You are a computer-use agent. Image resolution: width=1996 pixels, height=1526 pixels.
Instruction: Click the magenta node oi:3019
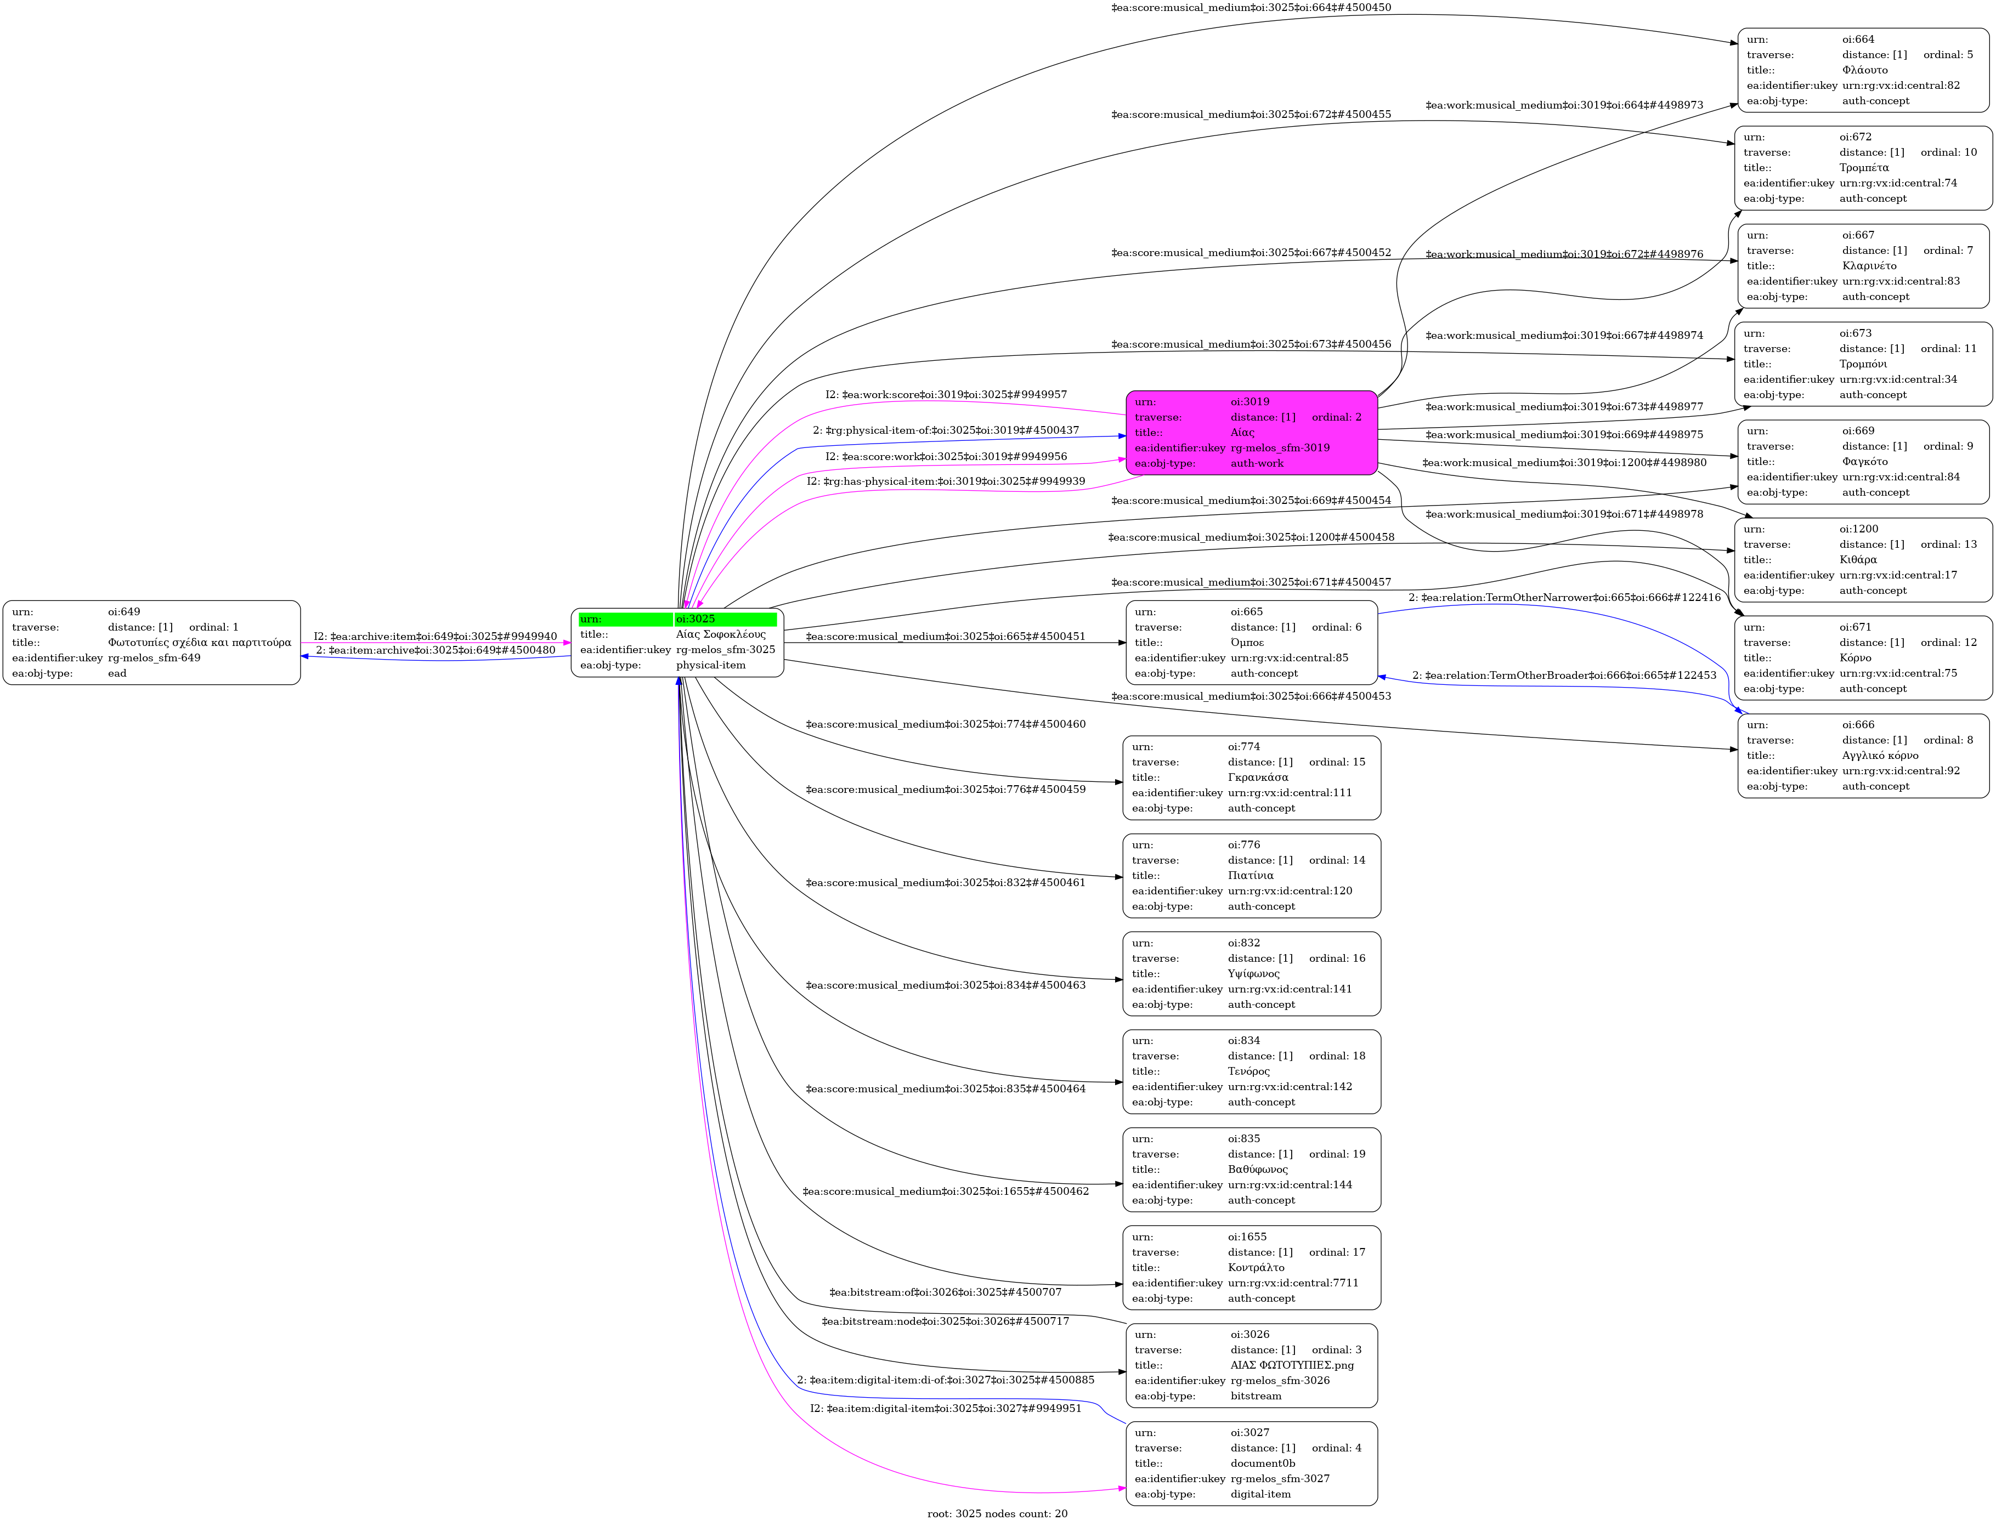(1251, 433)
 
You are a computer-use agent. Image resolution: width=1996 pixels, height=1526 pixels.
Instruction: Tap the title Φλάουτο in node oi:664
(1864, 70)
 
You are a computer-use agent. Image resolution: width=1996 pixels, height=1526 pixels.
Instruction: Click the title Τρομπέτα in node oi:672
(1863, 168)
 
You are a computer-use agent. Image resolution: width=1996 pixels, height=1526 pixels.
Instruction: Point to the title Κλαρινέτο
(1869, 266)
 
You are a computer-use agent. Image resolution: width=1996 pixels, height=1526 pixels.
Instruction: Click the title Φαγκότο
(1864, 462)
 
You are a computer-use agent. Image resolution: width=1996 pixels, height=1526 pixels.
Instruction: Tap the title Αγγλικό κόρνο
(1880, 756)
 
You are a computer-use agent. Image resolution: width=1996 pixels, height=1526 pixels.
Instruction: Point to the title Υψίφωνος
(1253, 974)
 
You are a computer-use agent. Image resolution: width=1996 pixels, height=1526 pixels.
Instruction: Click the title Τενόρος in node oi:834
(1248, 1071)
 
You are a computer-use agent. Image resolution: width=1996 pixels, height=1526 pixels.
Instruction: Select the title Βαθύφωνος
(1257, 1169)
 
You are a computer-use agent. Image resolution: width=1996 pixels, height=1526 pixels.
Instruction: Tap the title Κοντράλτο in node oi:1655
(1256, 1267)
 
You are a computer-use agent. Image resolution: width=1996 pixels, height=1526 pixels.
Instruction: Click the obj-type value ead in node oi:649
(117, 674)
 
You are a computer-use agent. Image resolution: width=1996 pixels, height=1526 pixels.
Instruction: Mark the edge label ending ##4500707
(945, 1292)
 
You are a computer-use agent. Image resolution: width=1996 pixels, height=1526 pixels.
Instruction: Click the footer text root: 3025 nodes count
(997, 1513)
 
